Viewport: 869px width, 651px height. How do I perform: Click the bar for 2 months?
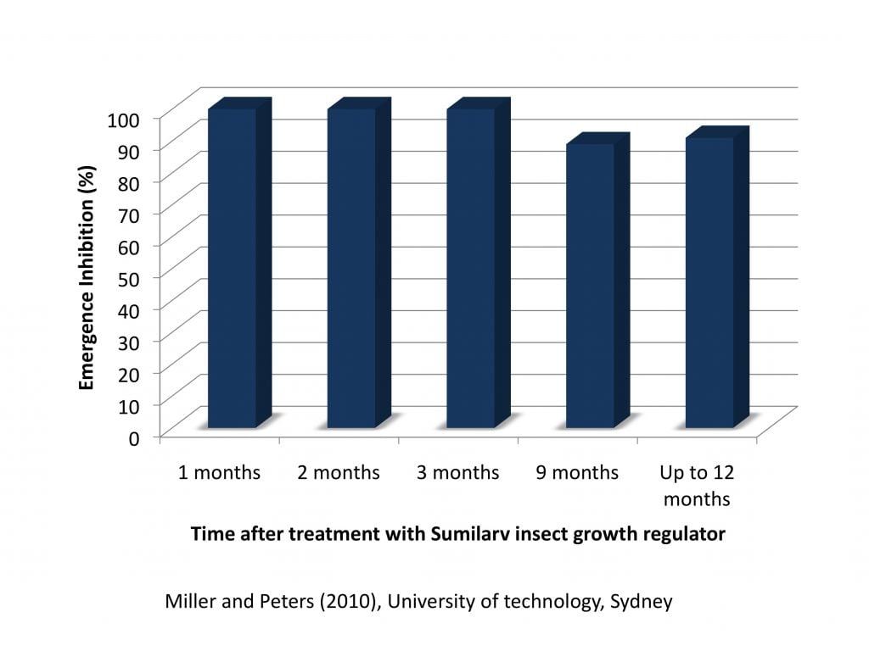351,267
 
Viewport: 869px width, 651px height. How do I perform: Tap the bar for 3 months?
471,267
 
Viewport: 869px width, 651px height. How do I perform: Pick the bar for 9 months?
591,285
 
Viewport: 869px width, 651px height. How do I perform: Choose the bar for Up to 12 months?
709,281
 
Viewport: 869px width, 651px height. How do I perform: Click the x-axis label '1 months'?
219,472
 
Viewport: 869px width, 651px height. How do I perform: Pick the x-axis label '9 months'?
577,472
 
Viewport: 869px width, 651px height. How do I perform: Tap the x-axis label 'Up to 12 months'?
697,485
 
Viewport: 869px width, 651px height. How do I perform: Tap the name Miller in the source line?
188,602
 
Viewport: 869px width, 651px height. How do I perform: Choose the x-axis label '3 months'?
457,472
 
